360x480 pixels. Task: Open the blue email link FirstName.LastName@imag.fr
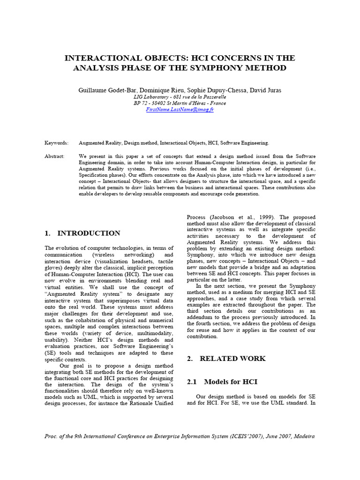[180, 109]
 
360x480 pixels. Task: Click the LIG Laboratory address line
[180, 96]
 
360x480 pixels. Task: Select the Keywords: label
[56, 142]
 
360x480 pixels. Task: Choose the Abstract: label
[55, 156]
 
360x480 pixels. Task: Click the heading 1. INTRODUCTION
[82, 233]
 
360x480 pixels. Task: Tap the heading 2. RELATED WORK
[226, 359]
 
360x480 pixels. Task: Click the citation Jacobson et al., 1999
[239, 217]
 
